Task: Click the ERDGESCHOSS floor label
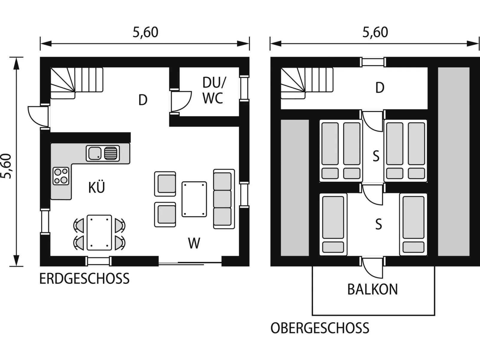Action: click(84, 278)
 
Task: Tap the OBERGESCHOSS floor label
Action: click(320, 328)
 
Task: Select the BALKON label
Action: click(373, 289)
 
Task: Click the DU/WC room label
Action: click(214, 90)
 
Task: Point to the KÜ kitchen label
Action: click(97, 187)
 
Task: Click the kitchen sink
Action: click(103, 154)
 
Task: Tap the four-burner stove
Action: click(61, 176)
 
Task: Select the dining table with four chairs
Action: click(99, 232)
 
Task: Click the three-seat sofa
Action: click(224, 199)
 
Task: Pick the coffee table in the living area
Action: click(194, 199)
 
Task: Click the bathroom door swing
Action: click(181, 101)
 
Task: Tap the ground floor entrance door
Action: click(39, 117)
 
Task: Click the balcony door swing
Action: click(372, 268)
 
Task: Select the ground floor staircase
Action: click(77, 83)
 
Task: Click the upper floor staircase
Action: click(307, 83)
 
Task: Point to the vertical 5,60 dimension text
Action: click(6, 166)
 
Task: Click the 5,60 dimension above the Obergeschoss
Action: click(375, 32)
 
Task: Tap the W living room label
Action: click(194, 243)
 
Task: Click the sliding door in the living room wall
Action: click(190, 264)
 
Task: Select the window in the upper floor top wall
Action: click(373, 62)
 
